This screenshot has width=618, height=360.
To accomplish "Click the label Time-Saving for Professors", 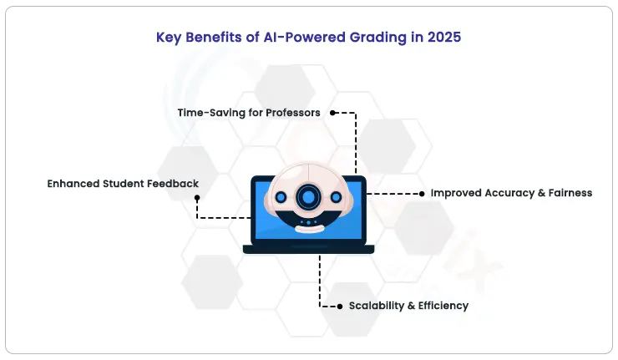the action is point(249,113).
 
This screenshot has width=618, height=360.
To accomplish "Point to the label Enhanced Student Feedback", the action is point(123,184).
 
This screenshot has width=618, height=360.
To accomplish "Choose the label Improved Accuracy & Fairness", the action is point(511,193).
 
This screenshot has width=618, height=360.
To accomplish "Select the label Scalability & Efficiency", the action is point(408,306).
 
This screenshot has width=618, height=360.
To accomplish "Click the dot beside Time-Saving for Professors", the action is point(332,113).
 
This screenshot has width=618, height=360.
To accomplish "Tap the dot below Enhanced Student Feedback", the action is point(197,198).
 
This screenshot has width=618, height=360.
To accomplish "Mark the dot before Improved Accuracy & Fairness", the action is point(422,194).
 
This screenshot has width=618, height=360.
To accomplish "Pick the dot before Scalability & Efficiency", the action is point(340,307).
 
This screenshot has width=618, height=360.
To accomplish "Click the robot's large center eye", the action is point(308,196).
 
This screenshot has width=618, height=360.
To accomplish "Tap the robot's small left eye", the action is point(281,197).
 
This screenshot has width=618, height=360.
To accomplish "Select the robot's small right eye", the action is point(337,197).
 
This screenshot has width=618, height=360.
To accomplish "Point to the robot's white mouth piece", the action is point(309,229).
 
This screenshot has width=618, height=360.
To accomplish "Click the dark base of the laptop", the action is point(309,249).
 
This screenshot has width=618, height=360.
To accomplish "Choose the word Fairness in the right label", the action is point(570,193).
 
